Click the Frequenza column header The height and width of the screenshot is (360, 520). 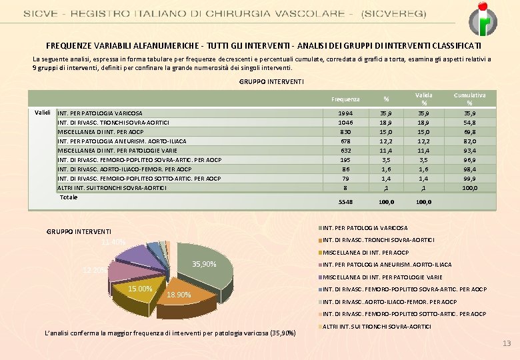[x=346, y=99]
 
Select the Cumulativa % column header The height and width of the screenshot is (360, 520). [x=469, y=99]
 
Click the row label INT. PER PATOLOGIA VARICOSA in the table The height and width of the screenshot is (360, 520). [x=100, y=113]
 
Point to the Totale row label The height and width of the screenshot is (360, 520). [x=69, y=197]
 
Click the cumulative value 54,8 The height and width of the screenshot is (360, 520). [x=471, y=123]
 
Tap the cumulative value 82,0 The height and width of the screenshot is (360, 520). [x=471, y=141]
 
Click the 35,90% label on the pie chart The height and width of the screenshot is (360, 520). [x=204, y=265]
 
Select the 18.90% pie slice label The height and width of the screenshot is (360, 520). [x=179, y=295]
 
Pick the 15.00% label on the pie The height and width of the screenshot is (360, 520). [x=141, y=289]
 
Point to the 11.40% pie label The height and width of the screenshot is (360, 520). [x=114, y=242]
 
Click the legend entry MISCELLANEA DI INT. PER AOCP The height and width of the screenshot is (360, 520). [x=365, y=253]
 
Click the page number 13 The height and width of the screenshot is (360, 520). [x=506, y=343]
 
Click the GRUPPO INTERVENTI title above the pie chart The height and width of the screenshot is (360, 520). [x=79, y=231]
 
